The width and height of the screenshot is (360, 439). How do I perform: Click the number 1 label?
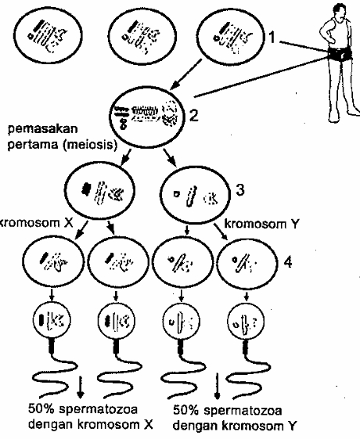tap(272, 37)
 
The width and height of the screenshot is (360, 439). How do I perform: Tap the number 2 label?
tap(194, 115)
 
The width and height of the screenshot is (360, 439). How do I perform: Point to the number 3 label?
tap(240, 190)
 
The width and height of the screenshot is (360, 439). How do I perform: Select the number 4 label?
tap(288, 262)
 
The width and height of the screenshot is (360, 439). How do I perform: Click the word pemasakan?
tap(42, 130)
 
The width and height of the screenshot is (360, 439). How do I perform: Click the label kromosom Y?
tap(261, 224)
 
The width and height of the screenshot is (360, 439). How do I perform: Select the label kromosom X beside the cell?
tap(36, 223)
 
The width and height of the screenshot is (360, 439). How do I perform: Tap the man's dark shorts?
tap(340, 54)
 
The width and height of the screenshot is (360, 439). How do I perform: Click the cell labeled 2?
tap(147, 117)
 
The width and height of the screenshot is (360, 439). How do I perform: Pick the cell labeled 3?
tap(196, 194)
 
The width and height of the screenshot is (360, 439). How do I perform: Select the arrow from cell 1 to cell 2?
tap(186, 74)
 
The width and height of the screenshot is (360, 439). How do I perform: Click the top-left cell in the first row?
tap(49, 35)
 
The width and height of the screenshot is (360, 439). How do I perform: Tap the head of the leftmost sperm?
tap(52, 320)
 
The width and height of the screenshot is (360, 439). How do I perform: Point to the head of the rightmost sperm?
tap(246, 321)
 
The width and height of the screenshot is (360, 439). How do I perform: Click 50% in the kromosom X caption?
tap(41, 409)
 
